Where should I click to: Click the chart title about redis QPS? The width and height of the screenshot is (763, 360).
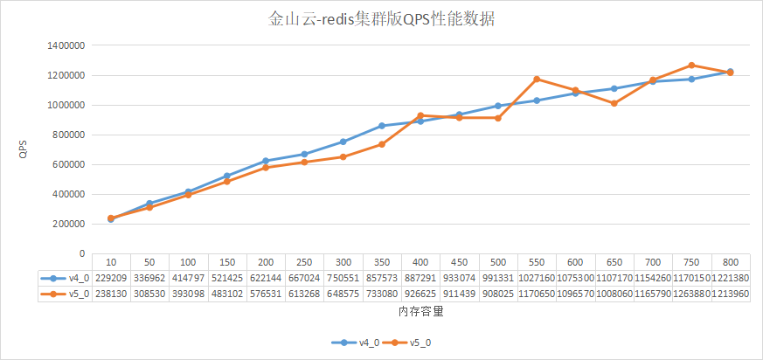(381, 19)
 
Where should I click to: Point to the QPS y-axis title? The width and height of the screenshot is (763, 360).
(23, 150)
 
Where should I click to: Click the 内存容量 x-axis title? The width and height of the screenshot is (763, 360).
(420, 311)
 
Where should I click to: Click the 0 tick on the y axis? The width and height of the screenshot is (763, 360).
(80, 253)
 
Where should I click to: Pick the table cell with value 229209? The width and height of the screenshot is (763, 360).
(111, 277)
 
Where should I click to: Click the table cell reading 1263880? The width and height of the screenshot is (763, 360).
(690, 294)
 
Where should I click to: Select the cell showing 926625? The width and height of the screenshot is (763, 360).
(420, 294)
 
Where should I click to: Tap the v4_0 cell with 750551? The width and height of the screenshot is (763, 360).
(343, 277)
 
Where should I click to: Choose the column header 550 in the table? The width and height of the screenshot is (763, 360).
(537, 261)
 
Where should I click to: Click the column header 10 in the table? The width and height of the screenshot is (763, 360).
(111, 261)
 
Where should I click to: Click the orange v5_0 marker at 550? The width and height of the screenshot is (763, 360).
(537, 80)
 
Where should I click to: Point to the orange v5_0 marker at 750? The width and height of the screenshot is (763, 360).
(691, 66)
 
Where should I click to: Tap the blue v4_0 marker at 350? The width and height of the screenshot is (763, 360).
(382, 126)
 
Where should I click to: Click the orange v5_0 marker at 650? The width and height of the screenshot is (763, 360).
(614, 103)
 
